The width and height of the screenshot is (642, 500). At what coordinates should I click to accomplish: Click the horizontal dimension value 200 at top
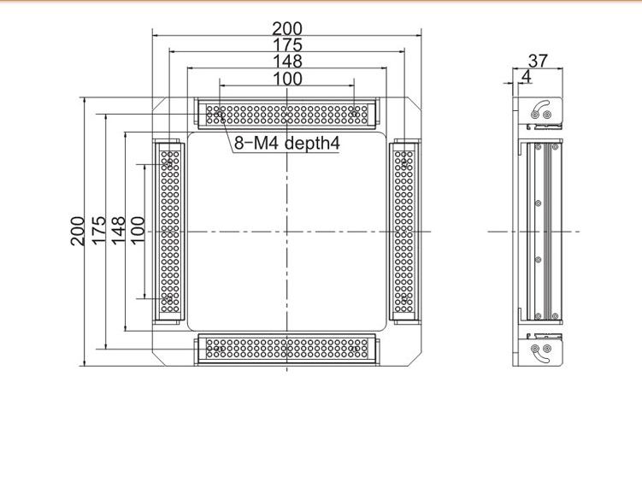point(287,29)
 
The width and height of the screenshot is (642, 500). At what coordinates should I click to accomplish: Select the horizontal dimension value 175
point(287,45)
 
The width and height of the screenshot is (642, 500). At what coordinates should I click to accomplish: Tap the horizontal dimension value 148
point(287,62)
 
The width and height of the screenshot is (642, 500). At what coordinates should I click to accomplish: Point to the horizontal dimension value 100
point(287,79)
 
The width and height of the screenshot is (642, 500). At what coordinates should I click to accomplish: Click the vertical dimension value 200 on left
point(78,232)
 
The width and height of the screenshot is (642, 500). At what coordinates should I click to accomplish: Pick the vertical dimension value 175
point(98,231)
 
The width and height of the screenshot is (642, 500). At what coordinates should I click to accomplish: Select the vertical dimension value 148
point(118,231)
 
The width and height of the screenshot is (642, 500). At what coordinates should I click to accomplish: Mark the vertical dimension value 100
point(138,230)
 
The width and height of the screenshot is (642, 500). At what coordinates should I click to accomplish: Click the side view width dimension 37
point(538,61)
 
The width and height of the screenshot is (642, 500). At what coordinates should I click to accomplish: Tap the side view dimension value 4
point(526,77)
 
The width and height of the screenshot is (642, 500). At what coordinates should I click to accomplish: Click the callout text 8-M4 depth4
point(287,144)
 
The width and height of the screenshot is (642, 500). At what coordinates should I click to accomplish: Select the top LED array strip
point(287,115)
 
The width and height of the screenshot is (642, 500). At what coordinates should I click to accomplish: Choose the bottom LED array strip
point(287,348)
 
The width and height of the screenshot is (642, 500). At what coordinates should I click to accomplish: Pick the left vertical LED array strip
point(170,232)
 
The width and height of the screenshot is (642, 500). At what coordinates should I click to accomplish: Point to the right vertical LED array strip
point(403,232)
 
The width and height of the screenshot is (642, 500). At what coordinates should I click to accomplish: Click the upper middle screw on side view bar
point(538,203)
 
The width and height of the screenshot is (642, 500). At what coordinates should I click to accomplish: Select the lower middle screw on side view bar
point(538,260)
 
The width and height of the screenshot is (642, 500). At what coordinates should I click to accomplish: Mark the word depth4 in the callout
point(312,144)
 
